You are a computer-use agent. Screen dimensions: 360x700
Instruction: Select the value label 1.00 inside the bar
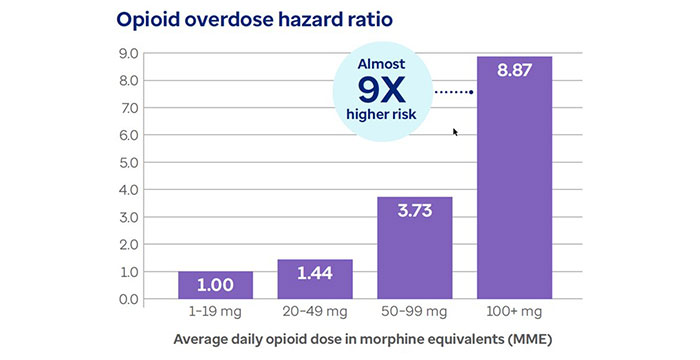pos(215,285)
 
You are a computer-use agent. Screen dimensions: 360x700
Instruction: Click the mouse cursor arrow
pos(456,132)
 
